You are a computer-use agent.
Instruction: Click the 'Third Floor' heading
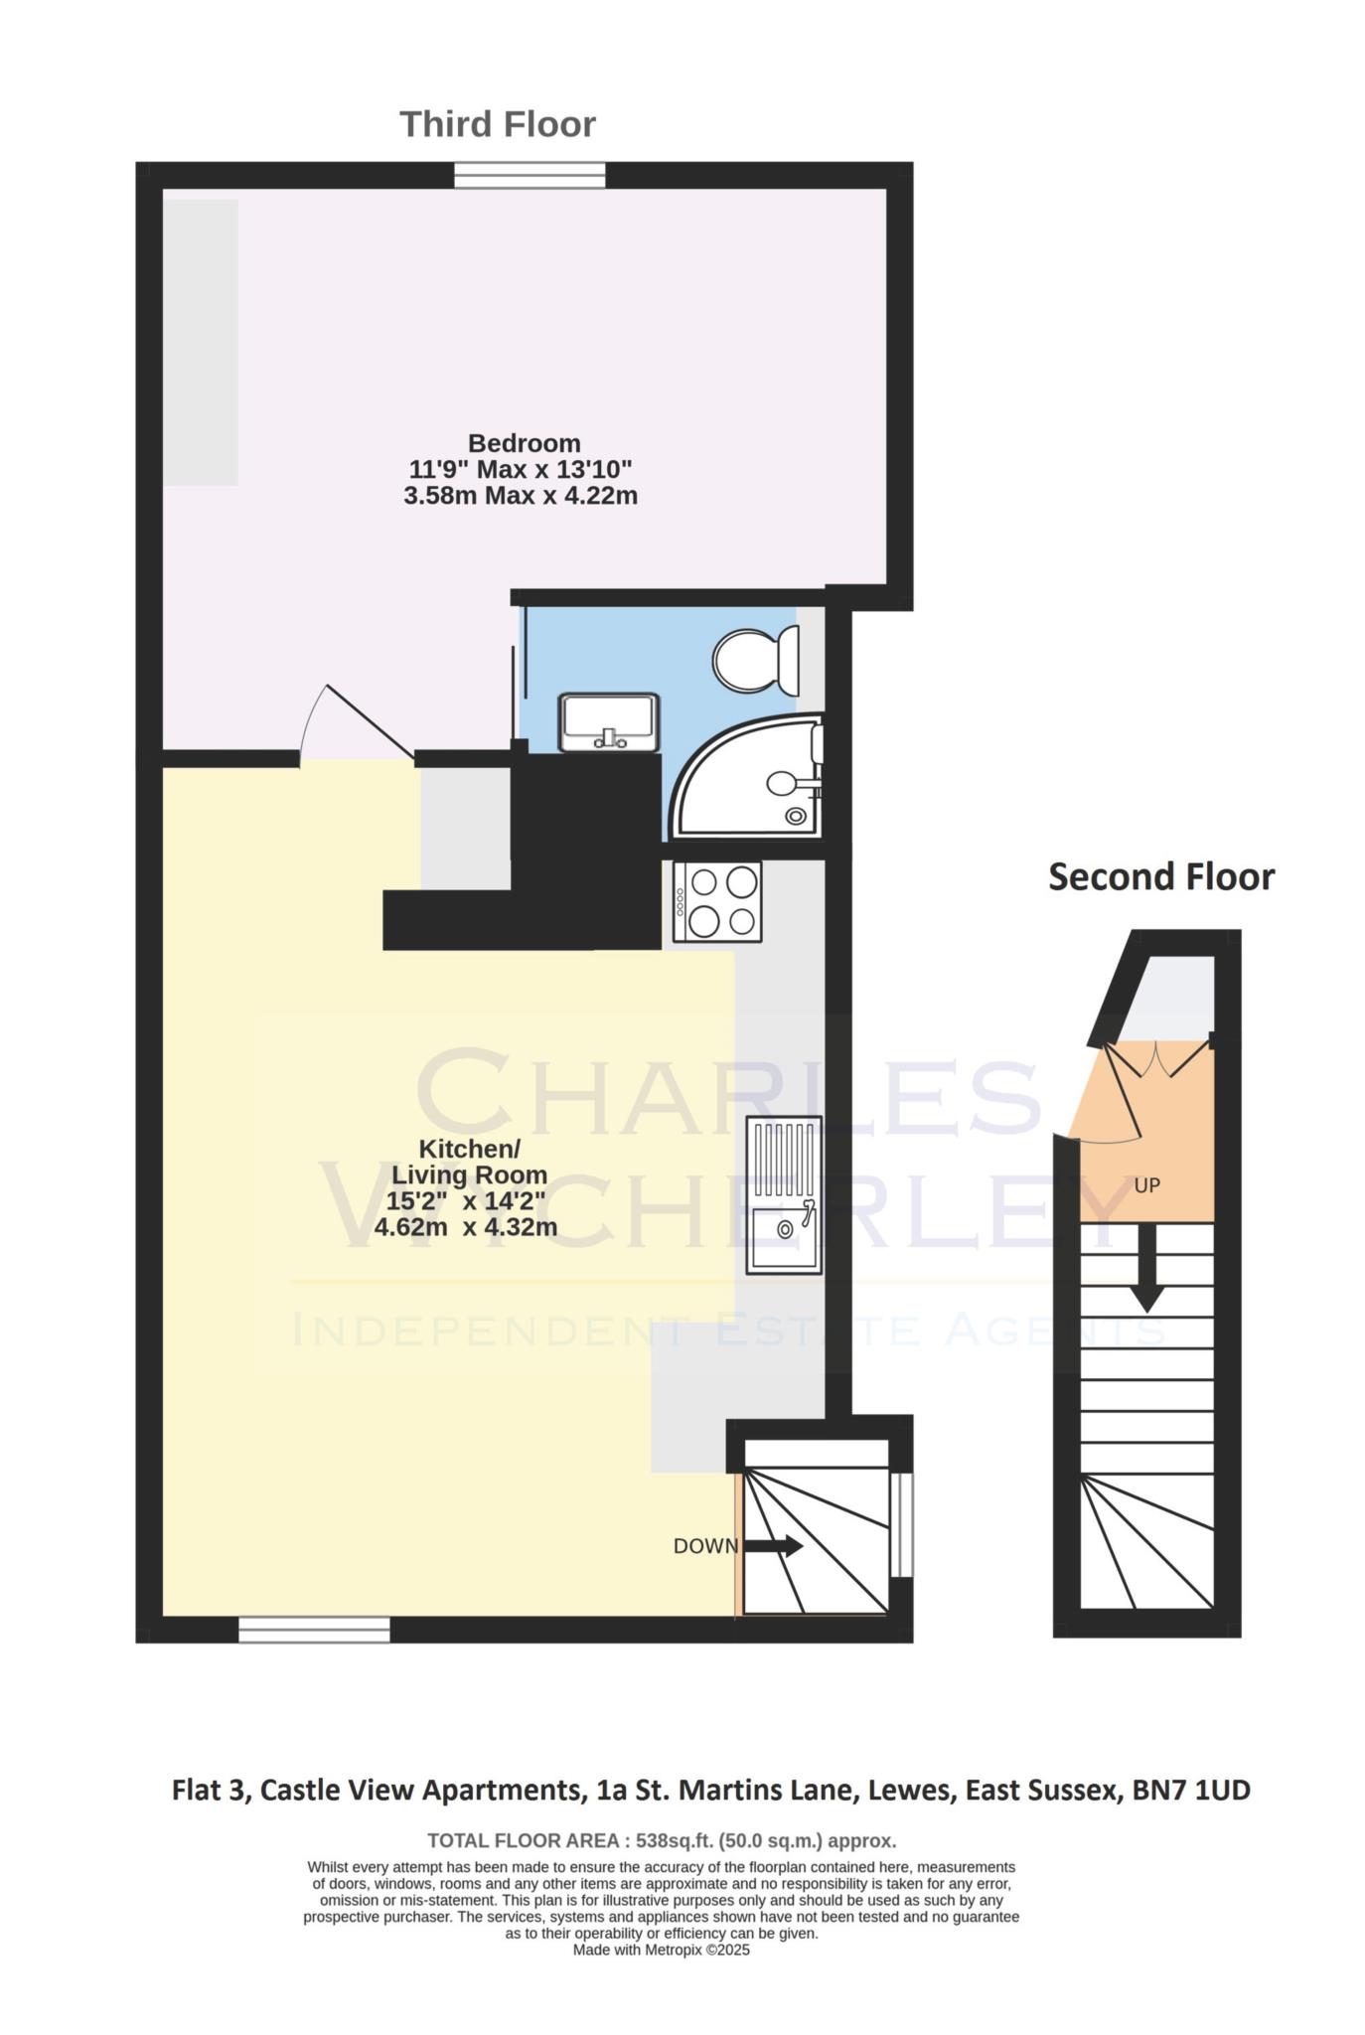(x=498, y=125)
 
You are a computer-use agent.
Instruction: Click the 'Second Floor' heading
(x=1160, y=877)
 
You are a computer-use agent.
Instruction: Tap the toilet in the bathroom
(x=756, y=660)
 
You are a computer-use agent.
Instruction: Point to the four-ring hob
(x=717, y=901)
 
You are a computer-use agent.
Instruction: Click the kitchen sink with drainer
(x=784, y=1194)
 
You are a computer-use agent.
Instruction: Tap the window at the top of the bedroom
(x=530, y=176)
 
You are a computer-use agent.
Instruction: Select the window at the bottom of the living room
(x=314, y=1630)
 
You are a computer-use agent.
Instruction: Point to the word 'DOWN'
(x=704, y=1546)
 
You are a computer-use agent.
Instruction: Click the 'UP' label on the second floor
(x=1146, y=1185)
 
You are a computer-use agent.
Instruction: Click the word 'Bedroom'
(x=524, y=443)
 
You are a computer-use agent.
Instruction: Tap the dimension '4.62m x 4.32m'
(x=465, y=1227)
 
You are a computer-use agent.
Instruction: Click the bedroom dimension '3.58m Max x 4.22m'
(x=520, y=495)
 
